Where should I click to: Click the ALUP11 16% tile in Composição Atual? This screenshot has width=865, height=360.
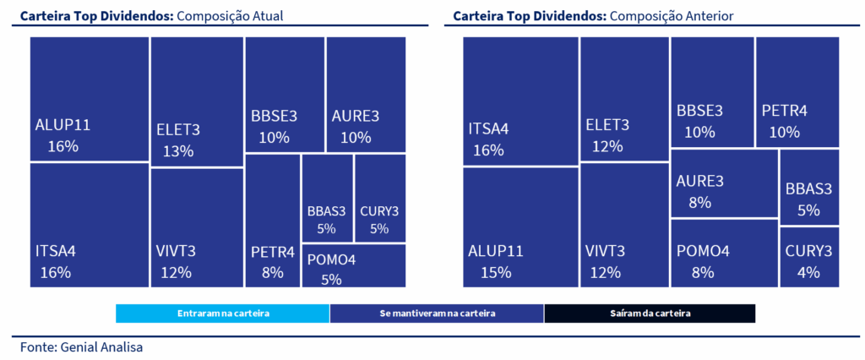pos(90,100)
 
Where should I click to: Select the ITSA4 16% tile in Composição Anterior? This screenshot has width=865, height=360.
pos(520,101)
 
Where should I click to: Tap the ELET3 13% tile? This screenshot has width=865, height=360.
pos(197,102)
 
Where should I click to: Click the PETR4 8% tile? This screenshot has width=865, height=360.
pos(272,220)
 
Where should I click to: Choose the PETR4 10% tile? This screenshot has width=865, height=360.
pos(797,92)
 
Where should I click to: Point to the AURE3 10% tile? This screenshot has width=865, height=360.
pos(365,95)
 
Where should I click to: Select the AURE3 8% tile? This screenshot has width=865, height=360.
pos(724,183)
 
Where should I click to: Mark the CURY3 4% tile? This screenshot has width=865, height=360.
pos(809,257)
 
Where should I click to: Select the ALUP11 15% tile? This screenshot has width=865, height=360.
pos(520,227)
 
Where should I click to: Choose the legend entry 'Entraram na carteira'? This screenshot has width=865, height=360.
pos(223,314)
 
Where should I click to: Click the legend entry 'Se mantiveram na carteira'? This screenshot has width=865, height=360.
pos(437,314)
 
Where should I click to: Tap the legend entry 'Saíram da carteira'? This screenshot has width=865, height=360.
pos(650,314)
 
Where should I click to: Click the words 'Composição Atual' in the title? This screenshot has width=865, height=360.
pos(229,16)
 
